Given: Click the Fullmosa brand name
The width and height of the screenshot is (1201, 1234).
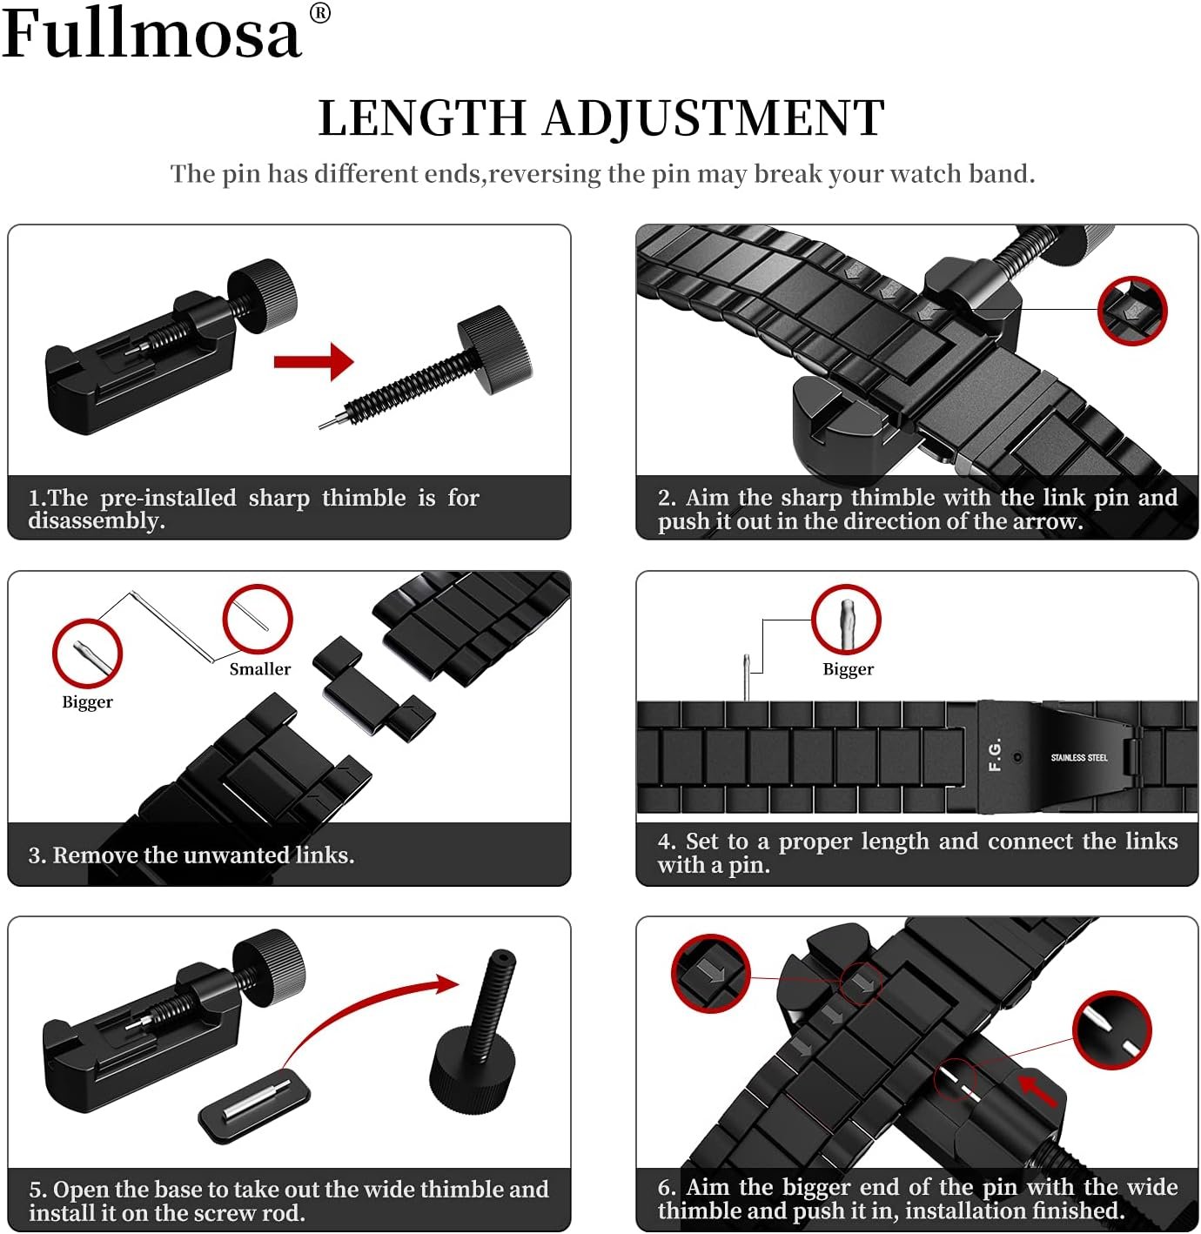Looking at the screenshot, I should [152, 35].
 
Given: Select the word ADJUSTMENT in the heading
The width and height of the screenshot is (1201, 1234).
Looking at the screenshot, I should [714, 118].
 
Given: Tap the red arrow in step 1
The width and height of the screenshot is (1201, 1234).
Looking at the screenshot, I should [313, 361].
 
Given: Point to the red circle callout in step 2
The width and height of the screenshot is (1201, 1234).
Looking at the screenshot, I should [1131, 310].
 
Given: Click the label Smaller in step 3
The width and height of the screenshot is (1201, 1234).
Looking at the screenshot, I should [259, 668].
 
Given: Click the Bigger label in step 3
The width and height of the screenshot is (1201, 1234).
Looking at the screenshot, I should [87, 701].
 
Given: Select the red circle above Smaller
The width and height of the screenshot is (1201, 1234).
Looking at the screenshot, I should [257, 618].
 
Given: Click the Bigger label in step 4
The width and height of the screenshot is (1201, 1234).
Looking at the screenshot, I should [848, 668].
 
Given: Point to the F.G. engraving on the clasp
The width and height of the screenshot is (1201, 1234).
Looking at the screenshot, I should [996, 754].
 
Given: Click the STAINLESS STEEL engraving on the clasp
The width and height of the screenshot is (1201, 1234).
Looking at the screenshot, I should [1078, 757].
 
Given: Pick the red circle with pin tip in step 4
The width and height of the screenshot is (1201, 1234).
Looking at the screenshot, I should [846, 619].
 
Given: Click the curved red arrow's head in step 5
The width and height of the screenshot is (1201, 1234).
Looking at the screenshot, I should [446, 985].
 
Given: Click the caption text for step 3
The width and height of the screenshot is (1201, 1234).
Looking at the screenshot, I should [191, 855].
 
